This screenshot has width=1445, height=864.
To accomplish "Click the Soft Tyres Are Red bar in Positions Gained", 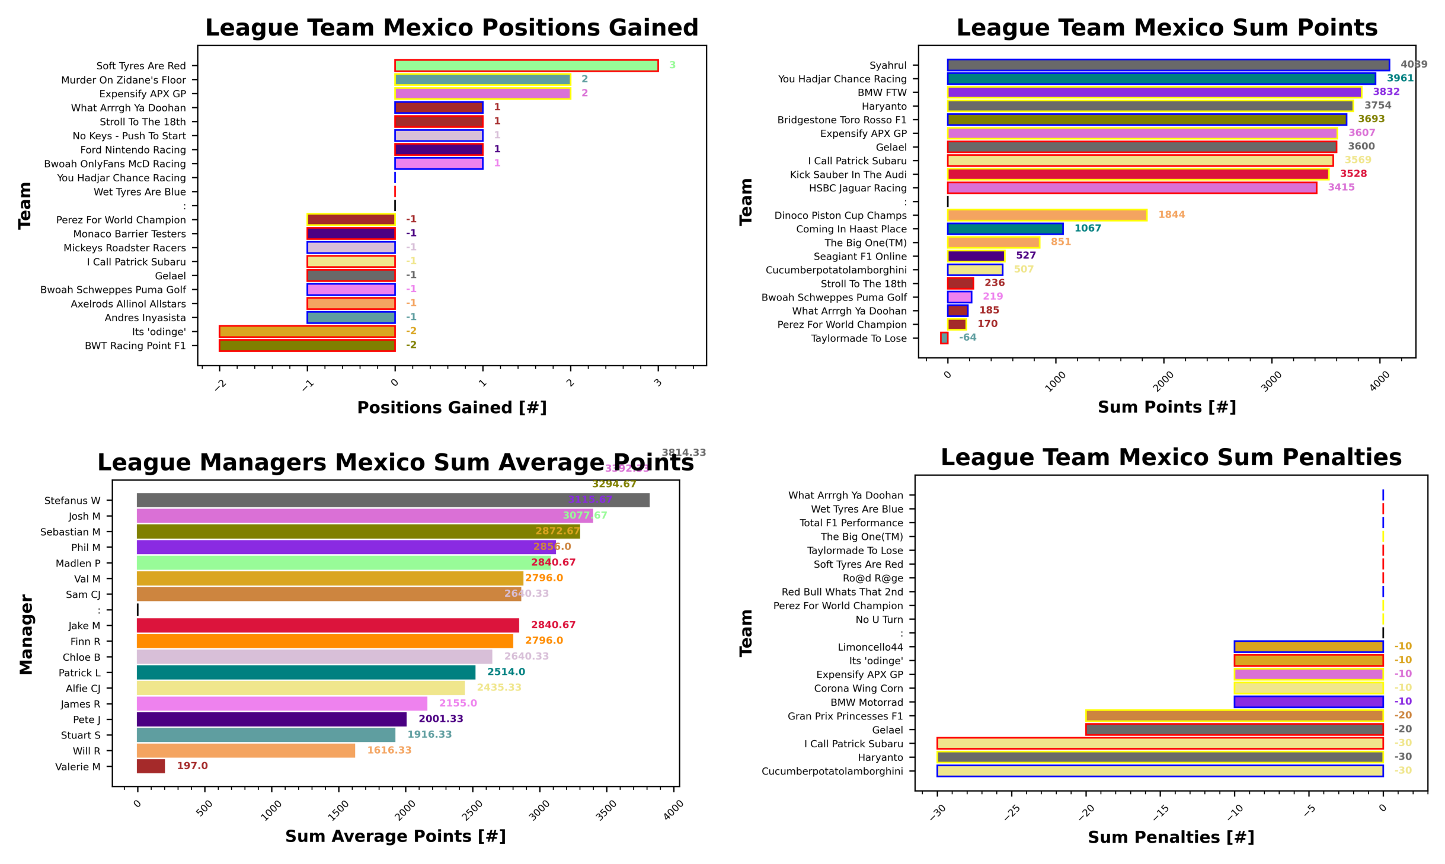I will tap(526, 65).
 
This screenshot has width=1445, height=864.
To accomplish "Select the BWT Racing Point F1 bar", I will tap(307, 345).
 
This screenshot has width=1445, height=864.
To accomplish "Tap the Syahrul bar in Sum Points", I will tap(1168, 65).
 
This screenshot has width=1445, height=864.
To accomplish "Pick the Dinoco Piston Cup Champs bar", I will tap(1047, 215).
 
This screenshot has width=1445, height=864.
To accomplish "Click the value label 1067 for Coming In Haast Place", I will tap(1087, 228).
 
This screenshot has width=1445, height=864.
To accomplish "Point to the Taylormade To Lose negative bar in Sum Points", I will tap(944, 338).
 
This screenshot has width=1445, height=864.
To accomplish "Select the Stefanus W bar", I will tap(392, 500).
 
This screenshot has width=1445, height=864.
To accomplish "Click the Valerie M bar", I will tap(151, 766).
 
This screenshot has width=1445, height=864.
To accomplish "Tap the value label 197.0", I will tap(192, 766).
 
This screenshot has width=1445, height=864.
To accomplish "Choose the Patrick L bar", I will tap(306, 672).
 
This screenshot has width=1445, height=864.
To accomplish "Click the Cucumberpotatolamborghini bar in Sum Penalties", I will tap(1159, 771).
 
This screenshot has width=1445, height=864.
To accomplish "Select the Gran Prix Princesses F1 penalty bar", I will tap(1234, 716).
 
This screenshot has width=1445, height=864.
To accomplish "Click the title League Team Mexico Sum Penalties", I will tap(1171, 457).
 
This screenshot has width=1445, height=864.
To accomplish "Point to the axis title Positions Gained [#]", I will tap(452, 408).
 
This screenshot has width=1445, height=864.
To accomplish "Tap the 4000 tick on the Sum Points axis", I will tap(1379, 380).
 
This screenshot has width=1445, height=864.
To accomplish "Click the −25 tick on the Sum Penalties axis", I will tap(1011, 812).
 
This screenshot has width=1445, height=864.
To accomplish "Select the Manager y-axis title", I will tap(26, 634).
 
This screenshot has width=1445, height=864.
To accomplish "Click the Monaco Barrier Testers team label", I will tap(129, 234).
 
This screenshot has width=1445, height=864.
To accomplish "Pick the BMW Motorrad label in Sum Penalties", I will tap(866, 702).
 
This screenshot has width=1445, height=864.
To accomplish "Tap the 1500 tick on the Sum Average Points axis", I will tap(338, 809).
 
